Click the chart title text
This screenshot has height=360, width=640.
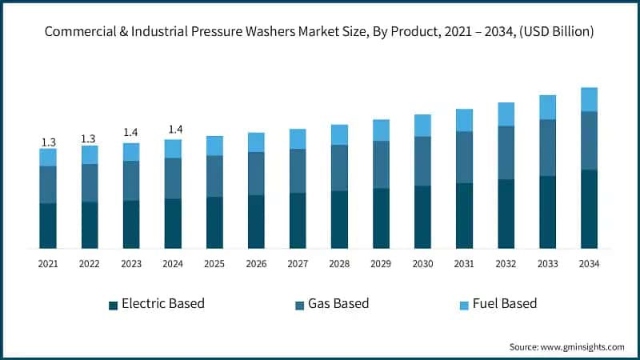tap(319, 33)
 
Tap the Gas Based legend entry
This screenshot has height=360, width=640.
tap(340, 304)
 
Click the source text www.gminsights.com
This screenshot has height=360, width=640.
tap(566, 346)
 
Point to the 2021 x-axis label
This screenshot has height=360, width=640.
tap(48, 263)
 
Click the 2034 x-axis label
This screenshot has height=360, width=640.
tap(589, 263)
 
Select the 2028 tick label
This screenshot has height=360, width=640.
tap(339, 263)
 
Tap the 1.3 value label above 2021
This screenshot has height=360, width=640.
tap(48, 142)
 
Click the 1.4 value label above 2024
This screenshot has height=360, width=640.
tap(173, 130)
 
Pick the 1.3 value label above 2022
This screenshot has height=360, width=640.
tap(90, 138)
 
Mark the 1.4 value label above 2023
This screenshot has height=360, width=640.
tap(131, 133)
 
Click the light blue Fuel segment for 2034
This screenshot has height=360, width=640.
tap(589, 99)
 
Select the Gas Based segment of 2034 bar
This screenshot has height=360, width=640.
tap(589, 140)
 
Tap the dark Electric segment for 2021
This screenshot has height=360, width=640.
tap(48, 226)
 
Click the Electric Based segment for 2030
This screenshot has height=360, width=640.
tap(422, 217)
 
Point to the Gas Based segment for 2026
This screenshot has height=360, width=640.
tap(256, 174)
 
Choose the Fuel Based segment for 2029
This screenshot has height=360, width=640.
tap(381, 130)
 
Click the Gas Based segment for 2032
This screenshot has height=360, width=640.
tap(506, 153)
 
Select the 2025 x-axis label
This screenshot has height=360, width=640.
tap(214, 263)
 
